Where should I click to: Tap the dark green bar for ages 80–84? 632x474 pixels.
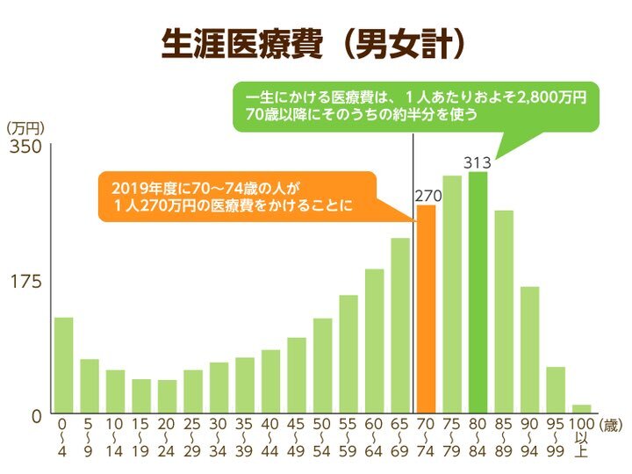point(478,293)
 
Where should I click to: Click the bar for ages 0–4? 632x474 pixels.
point(63,365)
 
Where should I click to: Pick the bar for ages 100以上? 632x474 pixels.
point(581,408)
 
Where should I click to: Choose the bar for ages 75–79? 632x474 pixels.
point(452,295)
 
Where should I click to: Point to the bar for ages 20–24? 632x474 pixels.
point(167,397)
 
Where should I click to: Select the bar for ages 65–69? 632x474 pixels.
point(400,326)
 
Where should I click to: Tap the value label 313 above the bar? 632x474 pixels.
point(478,162)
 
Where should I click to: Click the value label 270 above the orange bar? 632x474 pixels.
point(427,195)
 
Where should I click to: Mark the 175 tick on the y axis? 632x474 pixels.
point(25,281)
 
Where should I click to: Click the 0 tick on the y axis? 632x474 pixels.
point(36,415)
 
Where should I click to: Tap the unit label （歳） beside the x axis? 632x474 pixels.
point(611,424)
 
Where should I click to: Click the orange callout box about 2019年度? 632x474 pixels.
point(237,197)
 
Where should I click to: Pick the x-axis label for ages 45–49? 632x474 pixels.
point(297,436)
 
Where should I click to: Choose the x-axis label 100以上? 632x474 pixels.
point(581,436)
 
